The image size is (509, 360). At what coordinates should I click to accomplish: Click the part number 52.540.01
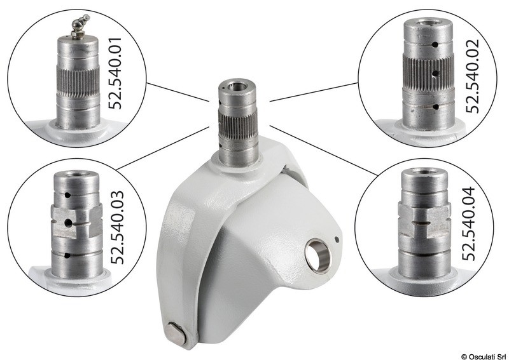tap(115, 73)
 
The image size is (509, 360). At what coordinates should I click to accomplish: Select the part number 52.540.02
tap(472, 76)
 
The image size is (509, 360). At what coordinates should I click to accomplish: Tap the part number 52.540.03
tap(117, 227)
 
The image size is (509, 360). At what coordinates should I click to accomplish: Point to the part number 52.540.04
tap(468, 223)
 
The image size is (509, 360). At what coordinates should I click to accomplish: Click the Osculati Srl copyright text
tap(484, 356)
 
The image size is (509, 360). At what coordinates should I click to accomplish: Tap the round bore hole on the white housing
tap(318, 256)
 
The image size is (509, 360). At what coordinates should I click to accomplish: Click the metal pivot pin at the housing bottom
tap(176, 333)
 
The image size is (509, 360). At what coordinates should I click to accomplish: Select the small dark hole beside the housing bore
tap(337, 240)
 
